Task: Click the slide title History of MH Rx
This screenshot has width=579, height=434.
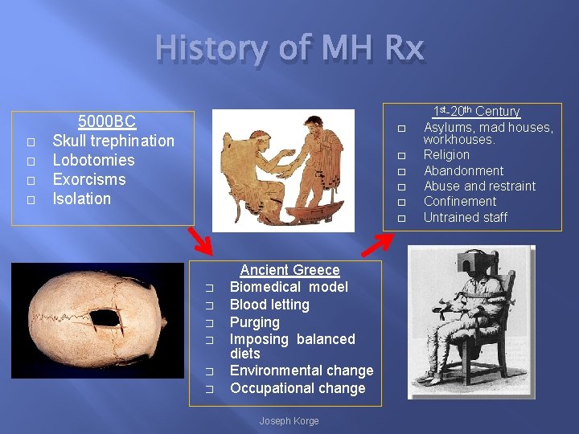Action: coord(289,50)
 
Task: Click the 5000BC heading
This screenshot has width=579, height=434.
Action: coord(106,122)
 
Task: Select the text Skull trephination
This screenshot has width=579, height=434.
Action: coord(113,141)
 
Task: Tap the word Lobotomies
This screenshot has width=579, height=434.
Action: coord(93,160)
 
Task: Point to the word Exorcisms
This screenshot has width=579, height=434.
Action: coord(89,179)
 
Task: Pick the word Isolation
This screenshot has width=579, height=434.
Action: coord(82,199)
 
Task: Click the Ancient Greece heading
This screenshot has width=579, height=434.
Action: coord(289,270)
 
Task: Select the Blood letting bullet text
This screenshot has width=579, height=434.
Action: coord(269,305)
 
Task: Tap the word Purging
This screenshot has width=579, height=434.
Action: coord(255,322)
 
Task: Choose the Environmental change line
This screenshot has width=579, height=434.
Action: coord(302,371)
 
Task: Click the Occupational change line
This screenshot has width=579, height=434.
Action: coord(298,388)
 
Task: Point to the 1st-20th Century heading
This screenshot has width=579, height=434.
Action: coord(477,112)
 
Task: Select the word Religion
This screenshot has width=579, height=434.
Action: coord(446,154)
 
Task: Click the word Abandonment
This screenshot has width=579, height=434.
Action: coord(463,170)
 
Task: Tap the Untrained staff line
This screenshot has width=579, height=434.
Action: coord(466,217)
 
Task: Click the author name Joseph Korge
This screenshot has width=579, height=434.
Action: coord(289,421)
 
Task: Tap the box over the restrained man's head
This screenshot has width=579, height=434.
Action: coord(458,278)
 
